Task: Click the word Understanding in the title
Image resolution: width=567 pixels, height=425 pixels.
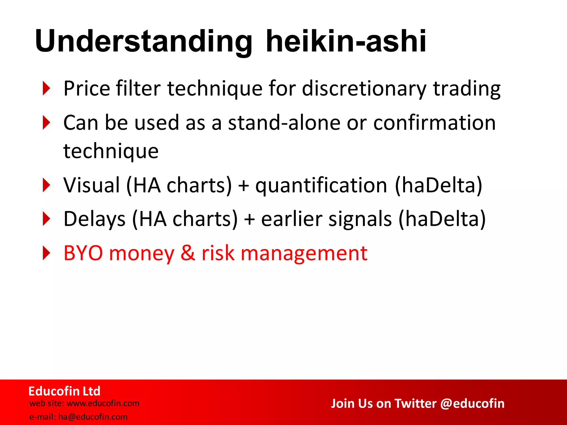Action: click(x=143, y=42)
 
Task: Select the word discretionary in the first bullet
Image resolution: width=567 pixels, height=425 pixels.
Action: click(x=364, y=89)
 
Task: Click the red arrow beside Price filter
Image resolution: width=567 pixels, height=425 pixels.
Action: click(x=47, y=89)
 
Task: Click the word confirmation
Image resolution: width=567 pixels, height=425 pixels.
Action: click(x=434, y=123)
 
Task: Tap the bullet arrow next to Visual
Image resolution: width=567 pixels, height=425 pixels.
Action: click(x=47, y=185)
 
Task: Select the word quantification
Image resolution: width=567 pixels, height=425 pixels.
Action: click(x=321, y=185)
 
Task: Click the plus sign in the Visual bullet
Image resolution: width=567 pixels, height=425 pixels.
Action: click(x=244, y=186)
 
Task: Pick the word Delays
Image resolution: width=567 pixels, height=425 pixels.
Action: click(x=94, y=219)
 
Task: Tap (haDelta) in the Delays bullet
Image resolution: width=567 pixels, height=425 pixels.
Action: click(x=442, y=219)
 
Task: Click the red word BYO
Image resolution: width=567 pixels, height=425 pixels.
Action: click(x=83, y=253)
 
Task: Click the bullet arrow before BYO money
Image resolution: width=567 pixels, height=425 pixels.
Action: click(x=47, y=253)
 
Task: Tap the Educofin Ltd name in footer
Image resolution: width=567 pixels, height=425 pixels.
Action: click(x=64, y=391)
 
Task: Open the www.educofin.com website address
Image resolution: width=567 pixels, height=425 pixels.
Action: click(x=103, y=403)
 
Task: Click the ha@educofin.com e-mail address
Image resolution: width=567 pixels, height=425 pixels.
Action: click(x=93, y=417)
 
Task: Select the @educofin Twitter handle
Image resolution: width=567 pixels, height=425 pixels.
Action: click(x=472, y=403)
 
